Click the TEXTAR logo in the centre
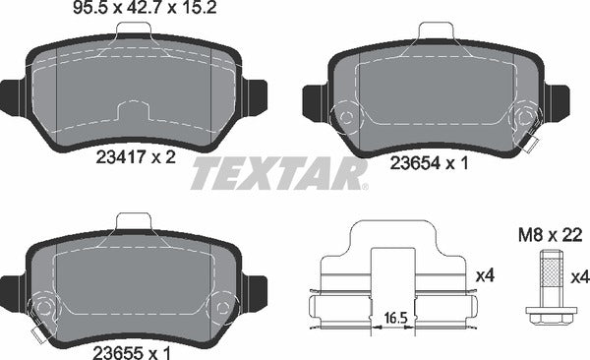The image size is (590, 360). coord(279,173)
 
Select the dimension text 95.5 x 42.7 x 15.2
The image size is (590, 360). coord(145,8)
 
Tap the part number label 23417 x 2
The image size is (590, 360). coord(136,156)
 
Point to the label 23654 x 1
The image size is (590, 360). coord(430,163)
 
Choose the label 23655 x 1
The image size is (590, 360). coord(132,353)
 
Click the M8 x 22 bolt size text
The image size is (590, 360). coord(551,236)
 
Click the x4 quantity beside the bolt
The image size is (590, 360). coord(580,278)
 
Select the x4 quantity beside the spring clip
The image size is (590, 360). coord(485,276)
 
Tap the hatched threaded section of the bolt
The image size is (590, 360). coord(552,272)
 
